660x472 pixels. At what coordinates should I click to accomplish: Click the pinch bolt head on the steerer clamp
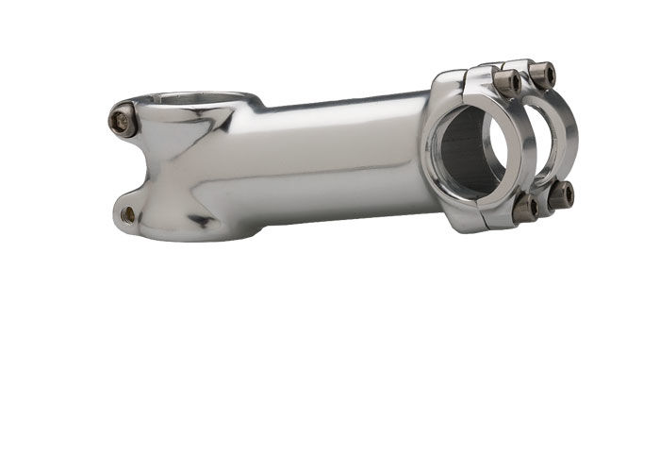120,119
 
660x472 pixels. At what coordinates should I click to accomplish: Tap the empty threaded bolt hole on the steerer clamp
128,214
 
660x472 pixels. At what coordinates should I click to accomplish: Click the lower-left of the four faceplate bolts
524,207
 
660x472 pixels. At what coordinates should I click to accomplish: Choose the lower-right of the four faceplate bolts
561,194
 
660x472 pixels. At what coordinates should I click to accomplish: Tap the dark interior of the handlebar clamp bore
467,151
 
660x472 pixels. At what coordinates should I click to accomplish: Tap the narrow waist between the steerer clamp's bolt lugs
141,168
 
